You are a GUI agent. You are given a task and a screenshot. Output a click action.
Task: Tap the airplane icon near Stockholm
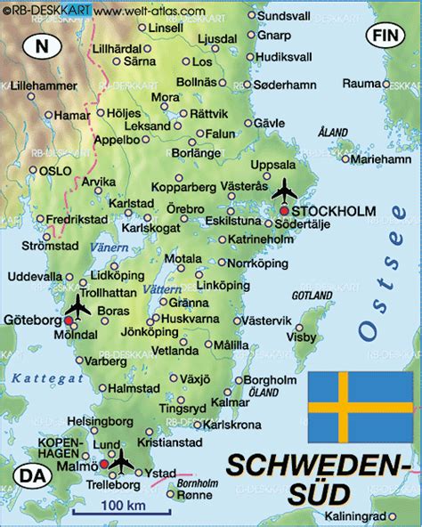click(285, 190)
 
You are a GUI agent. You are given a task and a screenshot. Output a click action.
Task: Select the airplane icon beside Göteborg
click(77, 307)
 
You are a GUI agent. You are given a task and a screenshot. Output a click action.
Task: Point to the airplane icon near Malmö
click(120, 461)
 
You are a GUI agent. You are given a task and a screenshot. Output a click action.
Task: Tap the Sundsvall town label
click(287, 15)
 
